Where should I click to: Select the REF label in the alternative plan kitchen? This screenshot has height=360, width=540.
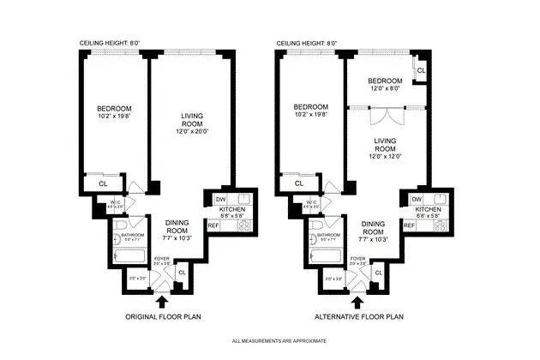(410, 225)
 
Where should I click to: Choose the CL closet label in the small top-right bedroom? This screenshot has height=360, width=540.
(420, 69)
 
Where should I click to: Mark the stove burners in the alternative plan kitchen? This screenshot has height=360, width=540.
(439, 226)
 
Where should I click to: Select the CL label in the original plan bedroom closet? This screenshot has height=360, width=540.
(102, 183)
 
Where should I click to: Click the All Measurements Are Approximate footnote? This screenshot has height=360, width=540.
(269, 342)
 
